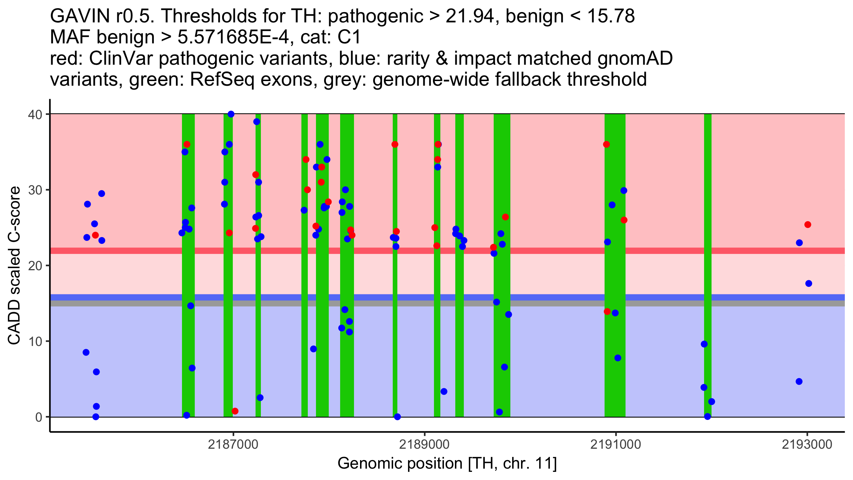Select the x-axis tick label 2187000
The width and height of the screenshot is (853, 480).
233,444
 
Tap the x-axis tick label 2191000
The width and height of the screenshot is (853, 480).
616,444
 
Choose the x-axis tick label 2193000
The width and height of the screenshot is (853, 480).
807,444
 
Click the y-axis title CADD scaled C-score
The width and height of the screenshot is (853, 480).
14,266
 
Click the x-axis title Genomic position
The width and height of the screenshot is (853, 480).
447,463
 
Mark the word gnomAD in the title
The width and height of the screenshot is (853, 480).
635,59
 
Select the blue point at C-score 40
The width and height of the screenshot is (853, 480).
231,114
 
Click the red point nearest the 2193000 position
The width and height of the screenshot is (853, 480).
808,225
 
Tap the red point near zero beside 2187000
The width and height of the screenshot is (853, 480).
235,411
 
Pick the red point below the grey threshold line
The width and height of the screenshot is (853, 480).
607,311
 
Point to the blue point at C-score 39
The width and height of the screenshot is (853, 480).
257,122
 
